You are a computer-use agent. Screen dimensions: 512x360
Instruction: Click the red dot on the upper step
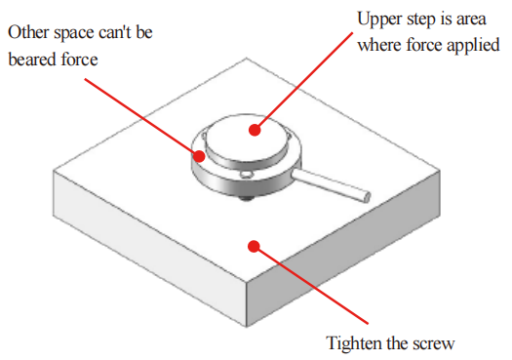tap(255, 130)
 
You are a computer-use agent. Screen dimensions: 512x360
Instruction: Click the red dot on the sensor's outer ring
tap(199, 156)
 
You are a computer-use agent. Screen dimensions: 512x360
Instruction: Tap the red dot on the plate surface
tap(254, 246)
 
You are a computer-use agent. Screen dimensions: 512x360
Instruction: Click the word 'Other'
tap(28, 32)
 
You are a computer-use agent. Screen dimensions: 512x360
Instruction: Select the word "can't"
tap(115, 32)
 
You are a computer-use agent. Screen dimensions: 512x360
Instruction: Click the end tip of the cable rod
tap(367, 197)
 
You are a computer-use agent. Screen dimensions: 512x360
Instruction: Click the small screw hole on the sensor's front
tap(245, 175)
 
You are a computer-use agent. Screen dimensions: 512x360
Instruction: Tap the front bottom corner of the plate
tap(247, 327)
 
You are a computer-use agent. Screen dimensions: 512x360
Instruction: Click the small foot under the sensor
tap(247, 198)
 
